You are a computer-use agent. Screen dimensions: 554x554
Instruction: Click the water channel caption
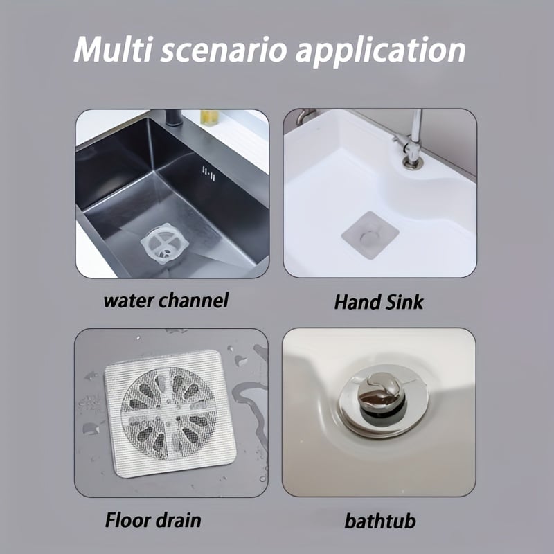166,301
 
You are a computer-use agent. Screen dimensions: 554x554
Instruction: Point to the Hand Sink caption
379,302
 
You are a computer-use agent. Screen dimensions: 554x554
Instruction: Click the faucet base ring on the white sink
413,163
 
